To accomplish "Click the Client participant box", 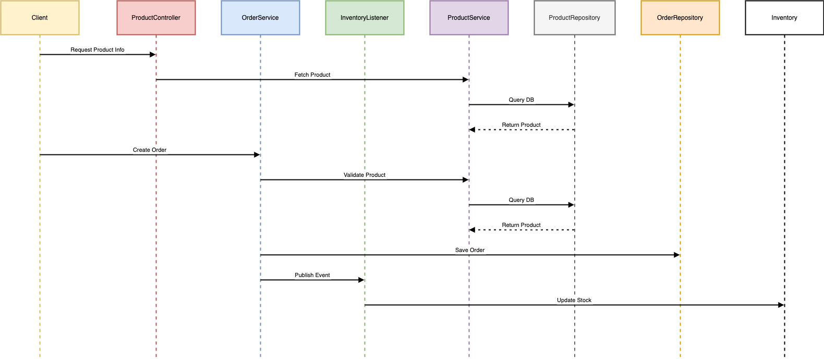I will pyautogui.click(x=40, y=18).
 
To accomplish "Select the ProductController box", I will pyautogui.click(x=156, y=18).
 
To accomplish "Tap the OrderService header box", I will pyautogui.click(x=260, y=18).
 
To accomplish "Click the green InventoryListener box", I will pyautogui.click(x=365, y=18).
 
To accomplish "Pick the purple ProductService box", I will pyautogui.click(x=469, y=18).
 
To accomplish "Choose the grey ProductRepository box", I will pyautogui.click(x=574, y=18).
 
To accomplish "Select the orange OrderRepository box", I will pyautogui.click(x=680, y=18).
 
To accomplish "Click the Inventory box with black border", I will pyautogui.click(x=784, y=18).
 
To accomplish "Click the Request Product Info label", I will pyautogui.click(x=98, y=50).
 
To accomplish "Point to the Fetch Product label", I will pyautogui.click(x=312, y=75).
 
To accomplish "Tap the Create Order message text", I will pyautogui.click(x=150, y=150).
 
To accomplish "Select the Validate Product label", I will pyautogui.click(x=365, y=175).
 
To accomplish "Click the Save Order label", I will pyautogui.click(x=470, y=250).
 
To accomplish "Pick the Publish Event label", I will pyautogui.click(x=312, y=275).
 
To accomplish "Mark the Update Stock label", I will pyautogui.click(x=574, y=301).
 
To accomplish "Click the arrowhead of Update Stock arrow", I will pyautogui.click(x=781, y=305).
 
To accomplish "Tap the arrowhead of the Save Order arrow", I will pyautogui.click(x=676, y=255).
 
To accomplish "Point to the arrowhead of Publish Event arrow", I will pyautogui.click(x=361, y=280).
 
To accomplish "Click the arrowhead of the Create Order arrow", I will pyautogui.click(x=257, y=155).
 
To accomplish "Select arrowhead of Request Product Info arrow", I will pyautogui.click(x=152, y=55).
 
